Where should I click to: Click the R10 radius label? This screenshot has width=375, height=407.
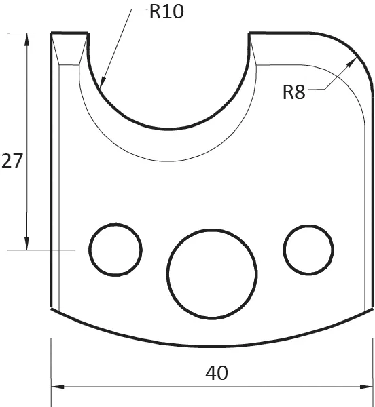click(166, 12)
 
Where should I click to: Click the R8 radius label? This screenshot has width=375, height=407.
click(294, 92)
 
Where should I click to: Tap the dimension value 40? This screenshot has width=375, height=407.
click(217, 372)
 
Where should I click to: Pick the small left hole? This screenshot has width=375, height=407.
click(115, 249)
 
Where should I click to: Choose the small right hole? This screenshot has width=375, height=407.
click(309, 249)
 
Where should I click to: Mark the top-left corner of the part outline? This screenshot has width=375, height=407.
click(52, 33)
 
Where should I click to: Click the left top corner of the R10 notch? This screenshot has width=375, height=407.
click(88, 33)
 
